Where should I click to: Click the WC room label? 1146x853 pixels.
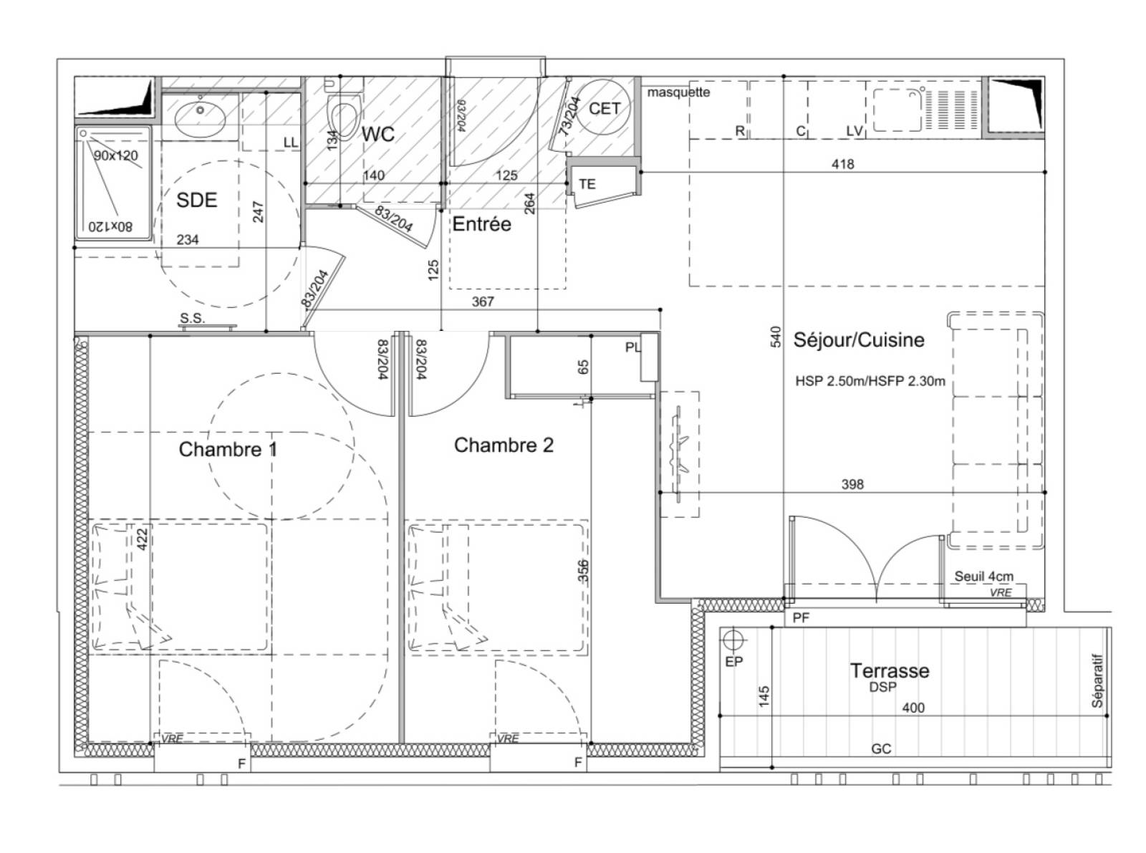click(x=377, y=134)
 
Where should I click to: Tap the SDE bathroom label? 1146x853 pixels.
click(x=196, y=200)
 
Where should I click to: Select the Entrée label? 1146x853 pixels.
click(x=481, y=223)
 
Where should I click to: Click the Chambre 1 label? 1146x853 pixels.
click(x=228, y=449)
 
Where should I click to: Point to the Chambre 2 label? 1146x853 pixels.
click(x=504, y=445)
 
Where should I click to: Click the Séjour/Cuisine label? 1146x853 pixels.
click(x=859, y=339)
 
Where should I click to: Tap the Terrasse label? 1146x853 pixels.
click(x=890, y=670)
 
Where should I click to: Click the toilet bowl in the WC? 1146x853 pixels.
click(x=344, y=117)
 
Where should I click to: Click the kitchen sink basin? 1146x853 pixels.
click(x=897, y=110)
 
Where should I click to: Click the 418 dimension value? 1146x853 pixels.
click(x=843, y=164)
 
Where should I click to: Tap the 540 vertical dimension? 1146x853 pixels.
click(x=776, y=337)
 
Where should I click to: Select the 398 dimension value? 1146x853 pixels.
click(x=852, y=484)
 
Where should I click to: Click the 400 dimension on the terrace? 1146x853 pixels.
click(x=913, y=708)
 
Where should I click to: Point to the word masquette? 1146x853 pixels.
click(x=678, y=92)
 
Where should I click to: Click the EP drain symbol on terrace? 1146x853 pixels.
click(x=733, y=641)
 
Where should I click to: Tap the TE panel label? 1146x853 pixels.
click(x=587, y=184)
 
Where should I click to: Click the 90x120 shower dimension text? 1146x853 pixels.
click(x=116, y=155)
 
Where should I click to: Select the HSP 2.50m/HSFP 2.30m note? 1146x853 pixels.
click(x=870, y=381)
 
